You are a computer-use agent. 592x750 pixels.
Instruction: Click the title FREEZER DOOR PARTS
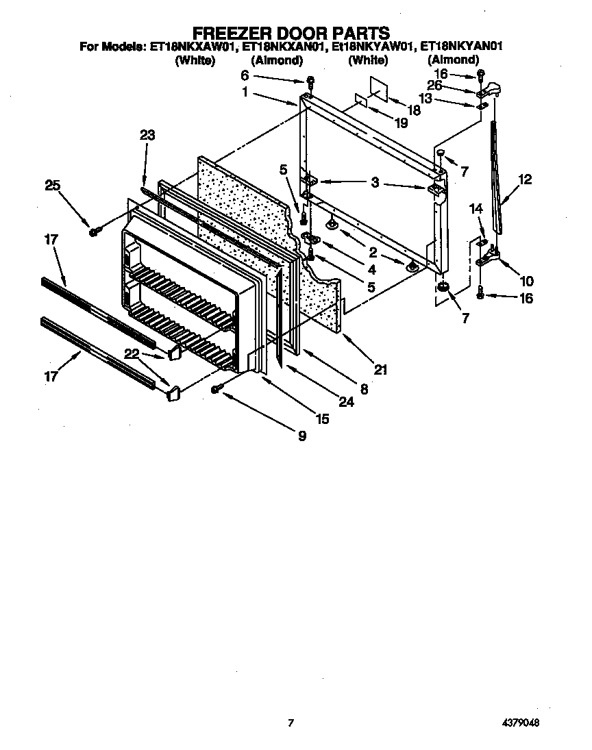pos(291,32)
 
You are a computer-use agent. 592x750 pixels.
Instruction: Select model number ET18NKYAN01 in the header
pos(463,47)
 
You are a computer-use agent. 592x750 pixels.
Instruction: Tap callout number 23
pos(147,136)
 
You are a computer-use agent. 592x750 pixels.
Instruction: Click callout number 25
pos(53,184)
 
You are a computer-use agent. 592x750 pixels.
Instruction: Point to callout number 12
pos(524,180)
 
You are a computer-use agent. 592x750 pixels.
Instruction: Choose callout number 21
pos(381,370)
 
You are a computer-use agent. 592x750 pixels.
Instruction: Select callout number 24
pos(346,403)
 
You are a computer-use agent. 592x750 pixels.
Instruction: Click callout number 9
pos(302,435)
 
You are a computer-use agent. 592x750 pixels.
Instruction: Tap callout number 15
pos(321,418)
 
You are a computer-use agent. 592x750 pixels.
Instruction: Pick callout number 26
pos(434,86)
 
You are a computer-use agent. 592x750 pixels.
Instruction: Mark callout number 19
pos(402,123)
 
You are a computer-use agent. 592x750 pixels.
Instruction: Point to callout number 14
pos(476,208)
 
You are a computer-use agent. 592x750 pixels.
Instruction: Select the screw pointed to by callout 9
pos(217,389)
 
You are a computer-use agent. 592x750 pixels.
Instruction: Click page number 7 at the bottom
pos(291,723)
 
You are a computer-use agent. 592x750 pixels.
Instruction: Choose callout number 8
pos(364,389)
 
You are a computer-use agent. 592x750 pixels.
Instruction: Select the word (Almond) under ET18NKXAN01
pos(277,60)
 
